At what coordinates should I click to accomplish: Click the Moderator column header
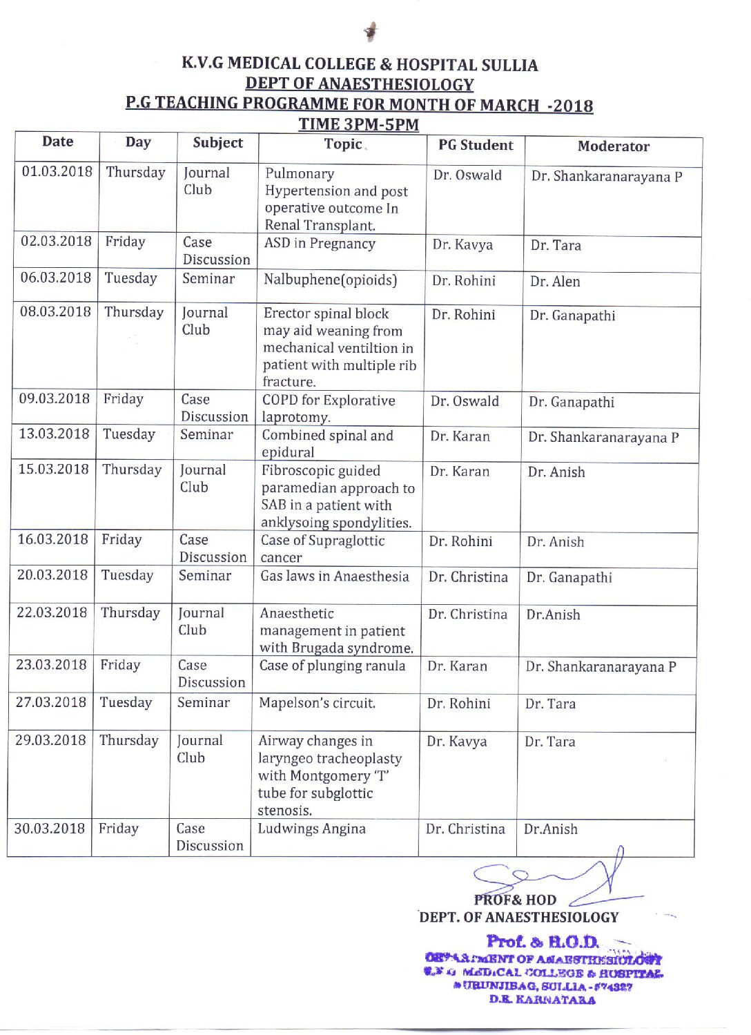pyautogui.click(x=613, y=146)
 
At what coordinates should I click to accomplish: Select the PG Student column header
pyautogui.click(x=476, y=145)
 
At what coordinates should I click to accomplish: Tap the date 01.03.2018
pyautogui.click(x=57, y=171)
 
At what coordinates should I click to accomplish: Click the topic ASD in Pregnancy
pyautogui.click(x=320, y=243)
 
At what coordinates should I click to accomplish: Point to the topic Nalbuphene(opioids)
pyautogui.click(x=331, y=280)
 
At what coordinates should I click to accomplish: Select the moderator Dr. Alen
pyautogui.click(x=555, y=282)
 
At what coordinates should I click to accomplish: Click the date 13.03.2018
pyautogui.click(x=54, y=434)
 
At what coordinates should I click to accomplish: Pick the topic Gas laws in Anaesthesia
pyautogui.click(x=334, y=576)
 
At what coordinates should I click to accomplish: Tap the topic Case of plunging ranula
pyautogui.click(x=332, y=666)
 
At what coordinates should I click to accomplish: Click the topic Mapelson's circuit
pyautogui.click(x=317, y=703)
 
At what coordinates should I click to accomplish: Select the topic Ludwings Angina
pyautogui.click(x=311, y=829)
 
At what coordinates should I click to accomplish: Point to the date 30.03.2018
pyautogui.click(x=50, y=828)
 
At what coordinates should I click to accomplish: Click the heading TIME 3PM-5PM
pyautogui.click(x=358, y=124)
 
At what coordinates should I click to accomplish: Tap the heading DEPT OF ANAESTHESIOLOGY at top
pyautogui.click(x=359, y=84)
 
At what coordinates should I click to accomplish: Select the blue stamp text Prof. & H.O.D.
pyautogui.click(x=543, y=941)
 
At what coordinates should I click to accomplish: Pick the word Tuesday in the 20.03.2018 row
pyautogui.click(x=127, y=575)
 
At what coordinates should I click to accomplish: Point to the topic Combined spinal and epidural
pyautogui.click(x=327, y=443)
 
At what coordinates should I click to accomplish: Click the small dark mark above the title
pyautogui.click(x=371, y=31)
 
